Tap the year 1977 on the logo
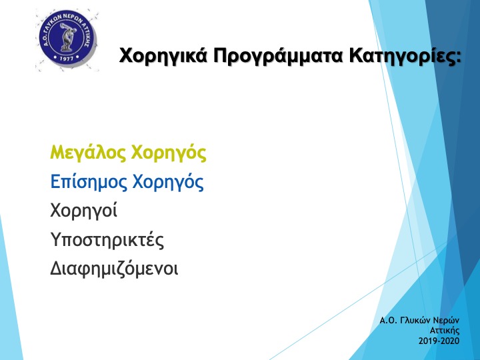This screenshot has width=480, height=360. tap(67, 58)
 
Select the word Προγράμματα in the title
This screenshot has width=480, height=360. tap(278, 56)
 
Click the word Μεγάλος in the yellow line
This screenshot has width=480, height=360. tap(88, 153)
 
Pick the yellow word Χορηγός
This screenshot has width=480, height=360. tap(169, 153)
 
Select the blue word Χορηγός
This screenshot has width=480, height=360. tap(168, 181)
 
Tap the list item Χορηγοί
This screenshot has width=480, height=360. tap(83, 211)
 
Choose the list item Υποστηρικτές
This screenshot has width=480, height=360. tap(107, 240)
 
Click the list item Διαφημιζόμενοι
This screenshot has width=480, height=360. tap(114, 268)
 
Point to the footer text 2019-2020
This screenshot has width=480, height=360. tap(439, 341)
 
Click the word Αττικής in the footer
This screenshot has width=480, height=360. tap(445, 331)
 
